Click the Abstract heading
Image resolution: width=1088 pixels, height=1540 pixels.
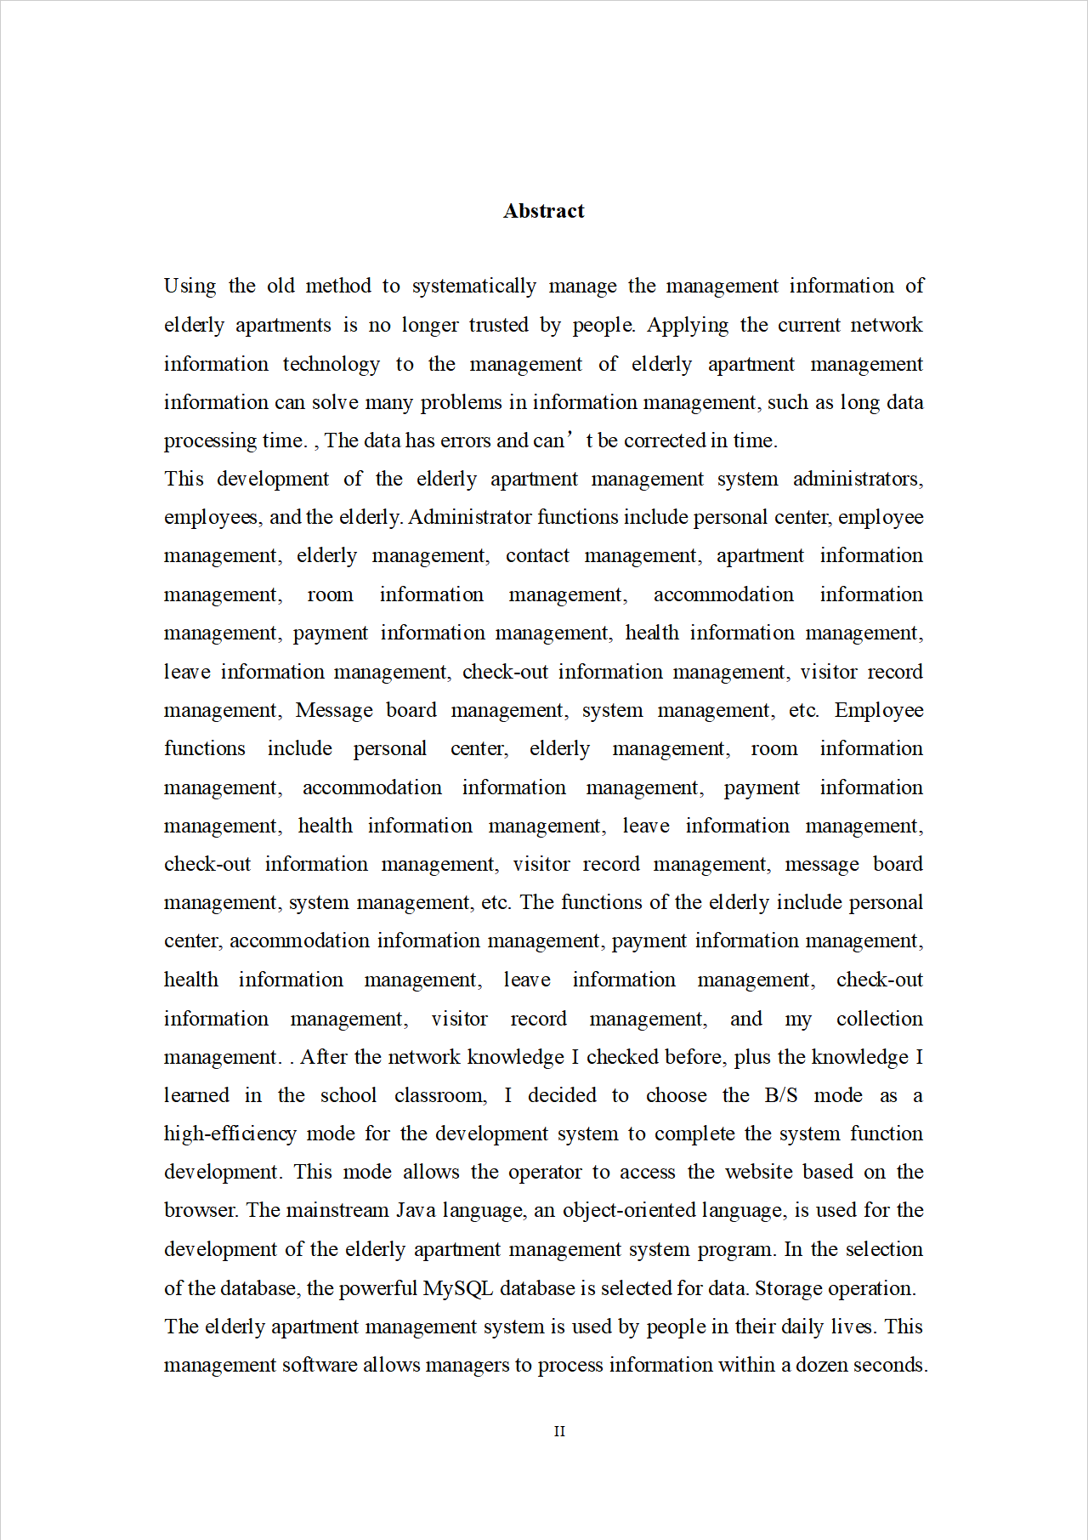[543, 211]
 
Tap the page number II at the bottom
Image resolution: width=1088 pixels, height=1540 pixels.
[559, 1431]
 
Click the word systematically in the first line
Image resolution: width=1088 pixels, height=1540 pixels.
[474, 287]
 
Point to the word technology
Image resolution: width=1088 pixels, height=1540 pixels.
[331, 365]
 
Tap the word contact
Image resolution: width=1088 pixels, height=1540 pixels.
[537, 556]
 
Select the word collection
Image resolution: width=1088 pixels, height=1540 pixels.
[879, 1019]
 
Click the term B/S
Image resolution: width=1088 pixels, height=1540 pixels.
[781, 1095]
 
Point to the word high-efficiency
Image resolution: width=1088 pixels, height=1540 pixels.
[229, 1134]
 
